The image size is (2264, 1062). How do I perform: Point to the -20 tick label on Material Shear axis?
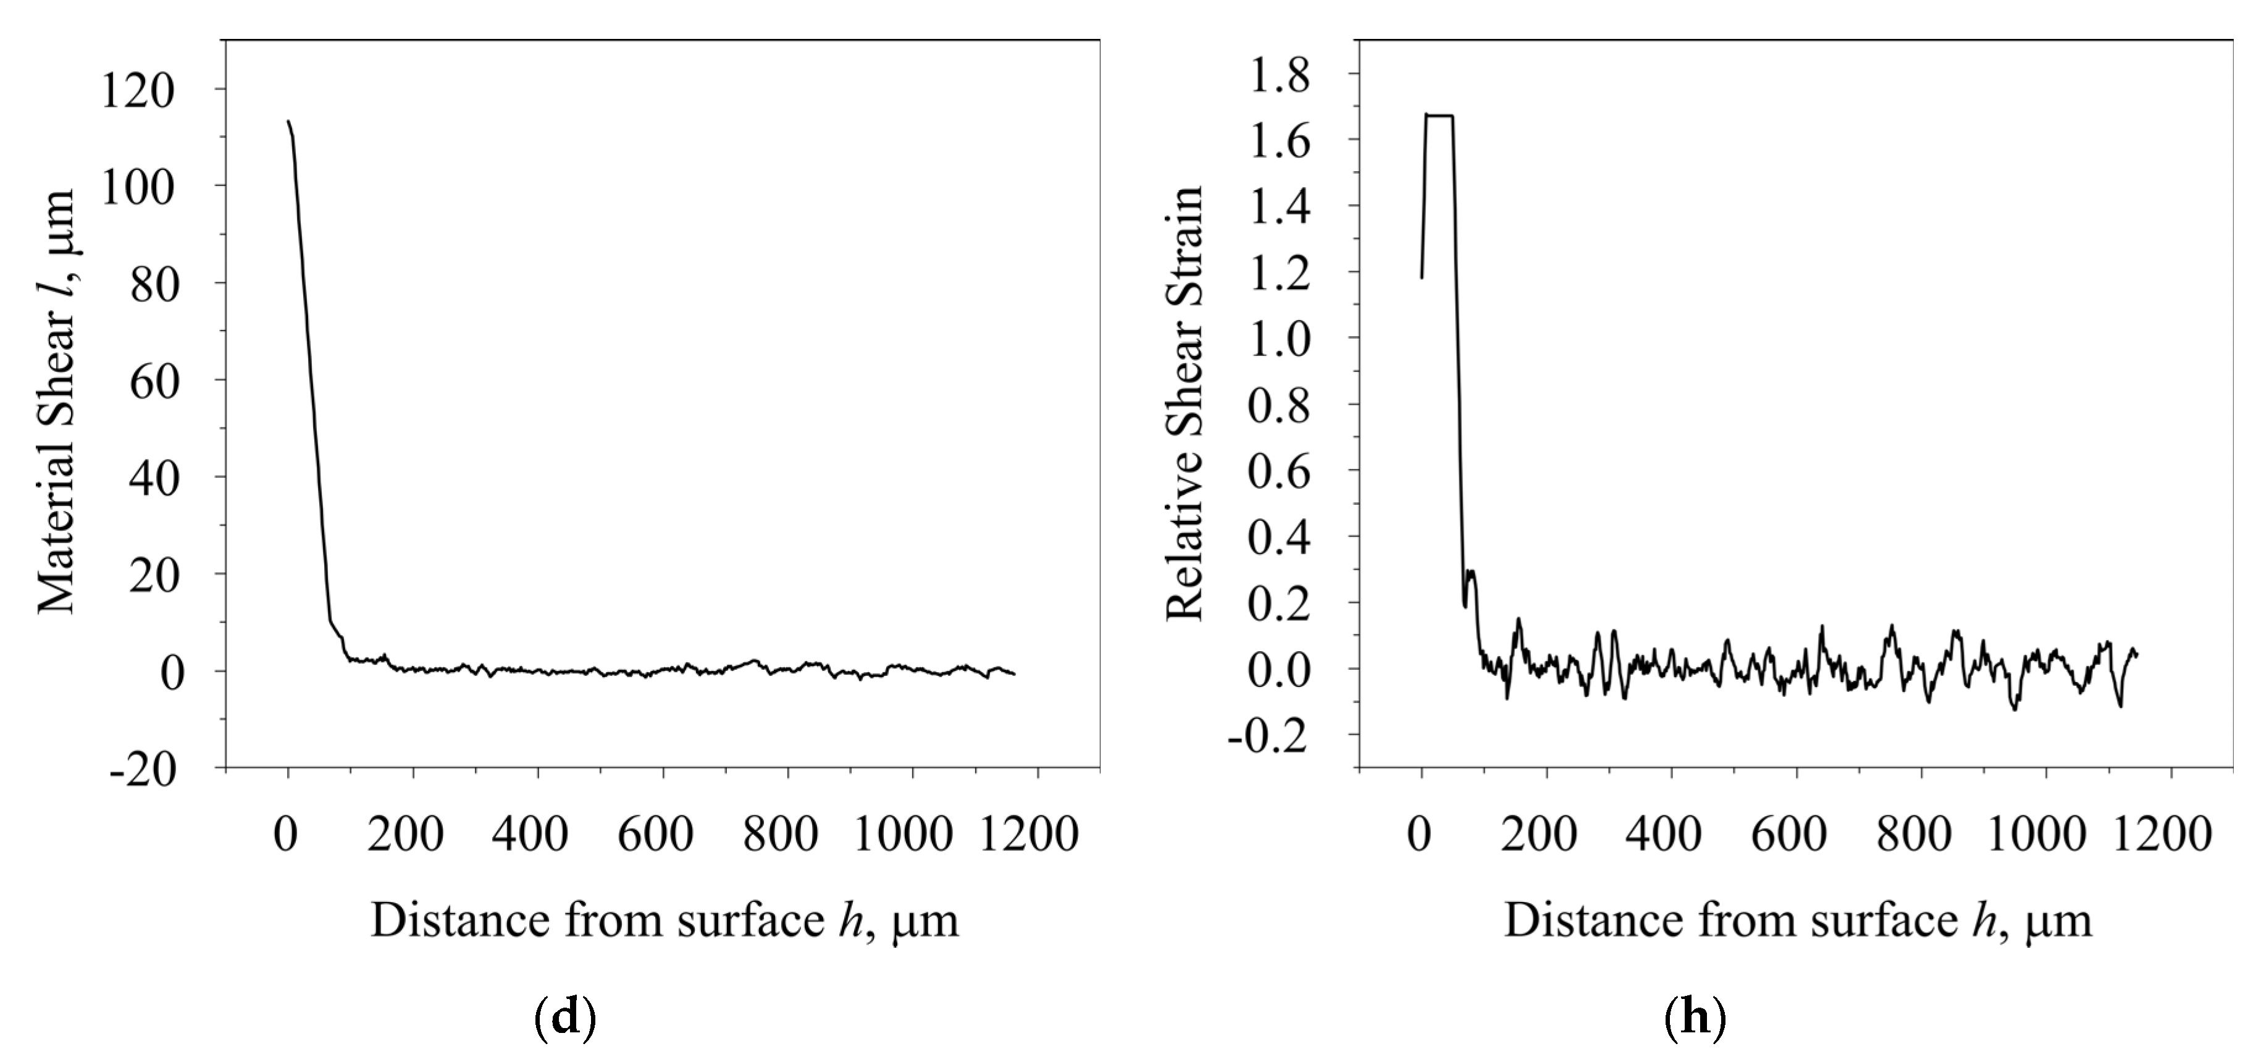(x=143, y=770)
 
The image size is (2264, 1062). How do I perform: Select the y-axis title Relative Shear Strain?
(x=1184, y=403)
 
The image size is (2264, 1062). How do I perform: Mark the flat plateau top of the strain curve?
(x=1439, y=115)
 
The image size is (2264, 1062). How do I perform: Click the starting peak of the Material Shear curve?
(x=288, y=122)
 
